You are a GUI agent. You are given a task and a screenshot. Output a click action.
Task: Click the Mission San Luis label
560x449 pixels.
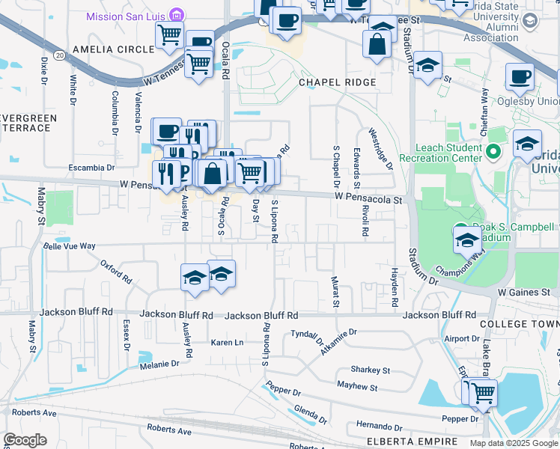click(127, 16)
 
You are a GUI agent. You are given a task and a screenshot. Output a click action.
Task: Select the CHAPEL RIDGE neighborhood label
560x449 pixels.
click(337, 82)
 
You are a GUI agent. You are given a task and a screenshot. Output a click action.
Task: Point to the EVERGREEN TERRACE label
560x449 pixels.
click(28, 123)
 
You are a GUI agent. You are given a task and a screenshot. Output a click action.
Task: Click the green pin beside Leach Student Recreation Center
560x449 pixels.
click(493, 153)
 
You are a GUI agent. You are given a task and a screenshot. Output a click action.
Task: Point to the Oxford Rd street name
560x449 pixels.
click(116, 270)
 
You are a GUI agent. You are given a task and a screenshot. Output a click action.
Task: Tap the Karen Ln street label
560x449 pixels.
click(227, 342)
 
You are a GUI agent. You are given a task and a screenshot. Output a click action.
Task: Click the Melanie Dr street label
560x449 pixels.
click(158, 364)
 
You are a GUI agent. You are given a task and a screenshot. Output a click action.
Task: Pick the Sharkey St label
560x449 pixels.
click(371, 370)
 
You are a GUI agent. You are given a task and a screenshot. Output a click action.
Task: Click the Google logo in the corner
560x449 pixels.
click(25, 439)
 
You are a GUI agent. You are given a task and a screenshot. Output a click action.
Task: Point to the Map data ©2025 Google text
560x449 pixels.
click(513, 443)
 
